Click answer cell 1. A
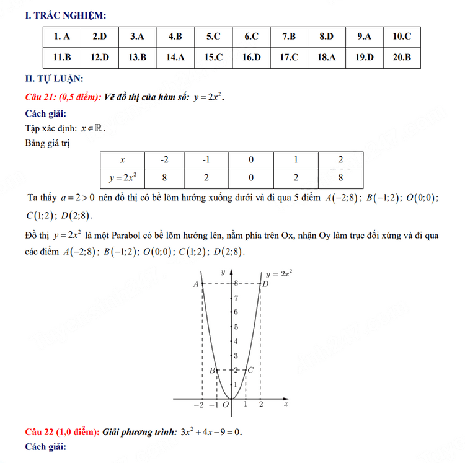pyautogui.click(x=62, y=37)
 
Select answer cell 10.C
pyautogui.click(x=402, y=37)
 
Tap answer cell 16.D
pyautogui.click(x=251, y=57)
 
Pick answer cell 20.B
pyautogui.click(x=402, y=57)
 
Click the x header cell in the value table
pyautogui.click(x=122, y=159)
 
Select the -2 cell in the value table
pyautogui.click(x=164, y=159)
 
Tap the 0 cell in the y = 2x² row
pyautogui.click(x=251, y=177)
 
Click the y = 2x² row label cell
pyautogui.click(x=122, y=177)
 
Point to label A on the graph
pyautogui.click(x=196, y=284)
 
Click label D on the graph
pyautogui.click(x=265, y=284)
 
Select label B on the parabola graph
pyautogui.click(x=211, y=370)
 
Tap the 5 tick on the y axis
pyautogui.click(x=235, y=327)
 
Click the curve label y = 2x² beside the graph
pyautogui.click(x=279, y=273)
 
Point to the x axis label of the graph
pyautogui.click(x=286, y=404)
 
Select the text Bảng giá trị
pyautogui.click(x=47, y=144)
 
